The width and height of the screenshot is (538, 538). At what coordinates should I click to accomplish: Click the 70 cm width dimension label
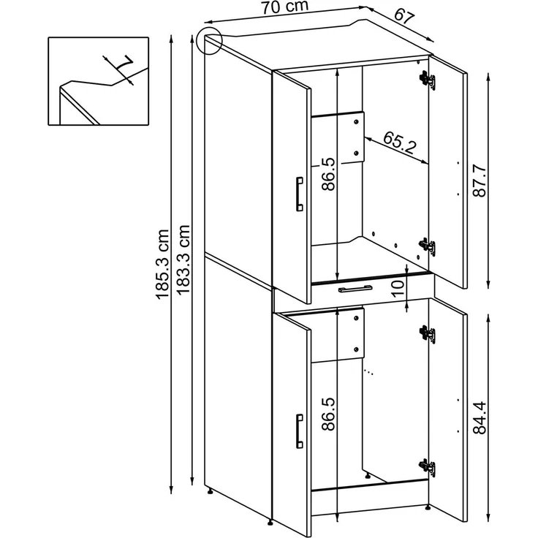(x=285, y=7)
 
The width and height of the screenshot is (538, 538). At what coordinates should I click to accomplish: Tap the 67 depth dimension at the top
(x=404, y=15)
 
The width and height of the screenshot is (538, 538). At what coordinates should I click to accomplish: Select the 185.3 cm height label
(x=162, y=264)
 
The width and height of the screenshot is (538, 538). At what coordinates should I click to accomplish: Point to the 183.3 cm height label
(x=183, y=259)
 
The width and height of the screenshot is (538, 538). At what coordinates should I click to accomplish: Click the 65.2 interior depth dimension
(x=399, y=143)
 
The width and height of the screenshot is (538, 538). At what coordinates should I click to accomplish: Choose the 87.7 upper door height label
(x=480, y=181)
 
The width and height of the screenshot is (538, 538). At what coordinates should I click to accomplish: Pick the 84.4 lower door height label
(x=480, y=417)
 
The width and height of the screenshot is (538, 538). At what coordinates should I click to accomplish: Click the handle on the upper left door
(x=299, y=194)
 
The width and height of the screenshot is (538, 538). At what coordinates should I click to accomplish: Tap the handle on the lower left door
(x=299, y=431)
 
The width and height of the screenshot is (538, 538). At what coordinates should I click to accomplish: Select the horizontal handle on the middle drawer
(x=355, y=289)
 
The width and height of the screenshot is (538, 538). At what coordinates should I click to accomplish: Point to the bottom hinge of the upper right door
(x=427, y=247)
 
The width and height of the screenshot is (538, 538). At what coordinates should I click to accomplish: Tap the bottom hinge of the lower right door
(x=427, y=468)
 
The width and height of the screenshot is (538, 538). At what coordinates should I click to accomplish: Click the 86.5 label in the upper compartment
(x=328, y=174)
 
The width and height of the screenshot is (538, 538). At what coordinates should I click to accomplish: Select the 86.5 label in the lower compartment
(x=328, y=414)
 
